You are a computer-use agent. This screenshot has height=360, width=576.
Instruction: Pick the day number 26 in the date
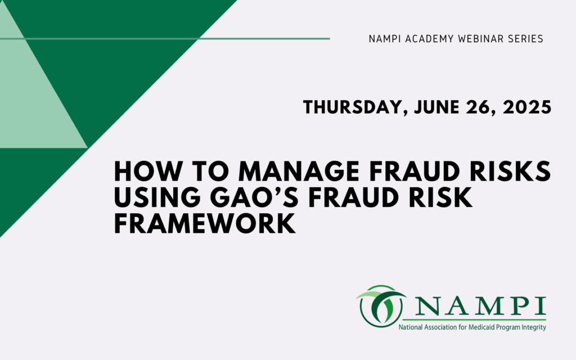click(478, 106)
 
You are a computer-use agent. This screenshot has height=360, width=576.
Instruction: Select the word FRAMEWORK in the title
click(205, 224)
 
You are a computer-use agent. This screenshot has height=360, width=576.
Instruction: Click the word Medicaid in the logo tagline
click(475, 327)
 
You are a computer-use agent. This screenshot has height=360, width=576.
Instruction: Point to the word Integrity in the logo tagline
click(533, 327)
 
